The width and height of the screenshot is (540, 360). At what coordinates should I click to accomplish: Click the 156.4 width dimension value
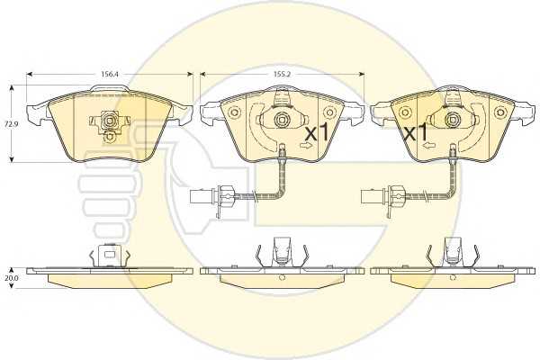point(107,74)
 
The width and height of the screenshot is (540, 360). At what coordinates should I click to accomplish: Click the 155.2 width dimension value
point(281,74)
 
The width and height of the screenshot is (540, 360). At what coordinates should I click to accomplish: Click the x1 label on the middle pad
point(317,132)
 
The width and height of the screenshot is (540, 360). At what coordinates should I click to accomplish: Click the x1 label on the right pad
point(416,132)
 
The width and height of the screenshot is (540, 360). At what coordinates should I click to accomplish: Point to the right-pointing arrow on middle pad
point(306,146)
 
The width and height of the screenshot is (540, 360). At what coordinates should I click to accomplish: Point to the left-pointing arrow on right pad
point(428,146)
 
